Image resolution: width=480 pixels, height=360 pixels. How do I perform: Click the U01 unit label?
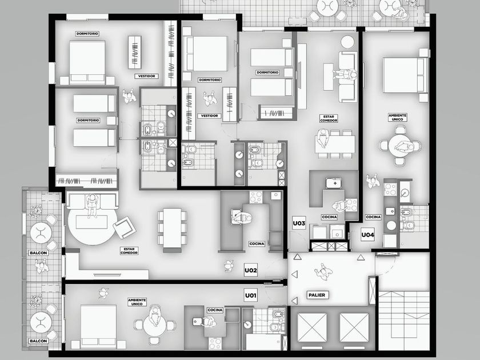click(250, 295)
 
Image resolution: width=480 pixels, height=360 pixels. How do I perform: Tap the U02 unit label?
click(250, 270)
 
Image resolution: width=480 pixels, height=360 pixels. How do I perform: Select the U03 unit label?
click(299, 223)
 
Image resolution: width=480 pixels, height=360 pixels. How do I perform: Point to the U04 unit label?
click(367, 235)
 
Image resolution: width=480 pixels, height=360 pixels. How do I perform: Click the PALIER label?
click(317, 295)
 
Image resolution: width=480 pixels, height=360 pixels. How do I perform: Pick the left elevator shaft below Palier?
click(312, 327)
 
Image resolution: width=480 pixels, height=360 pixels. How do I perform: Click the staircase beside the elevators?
click(404, 321)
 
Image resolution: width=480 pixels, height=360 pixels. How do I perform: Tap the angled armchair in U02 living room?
click(125, 227)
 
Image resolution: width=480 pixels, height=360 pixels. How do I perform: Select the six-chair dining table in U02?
click(172, 228)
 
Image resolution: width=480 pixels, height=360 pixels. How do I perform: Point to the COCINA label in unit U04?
click(373, 217)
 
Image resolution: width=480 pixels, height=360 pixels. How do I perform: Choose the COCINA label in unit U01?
click(215, 310)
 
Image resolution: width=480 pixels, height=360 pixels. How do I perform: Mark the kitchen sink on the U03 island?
click(335, 183)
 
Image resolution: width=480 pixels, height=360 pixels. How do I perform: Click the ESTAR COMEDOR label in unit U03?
click(329, 118)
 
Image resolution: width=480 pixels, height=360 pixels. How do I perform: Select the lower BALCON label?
click(38, 341)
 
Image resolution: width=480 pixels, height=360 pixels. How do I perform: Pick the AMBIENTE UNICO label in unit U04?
click(397, 117)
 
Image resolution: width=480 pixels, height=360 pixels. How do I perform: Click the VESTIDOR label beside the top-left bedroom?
click(147, 76)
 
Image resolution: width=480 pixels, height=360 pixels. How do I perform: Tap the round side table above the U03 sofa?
click(347, 42)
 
